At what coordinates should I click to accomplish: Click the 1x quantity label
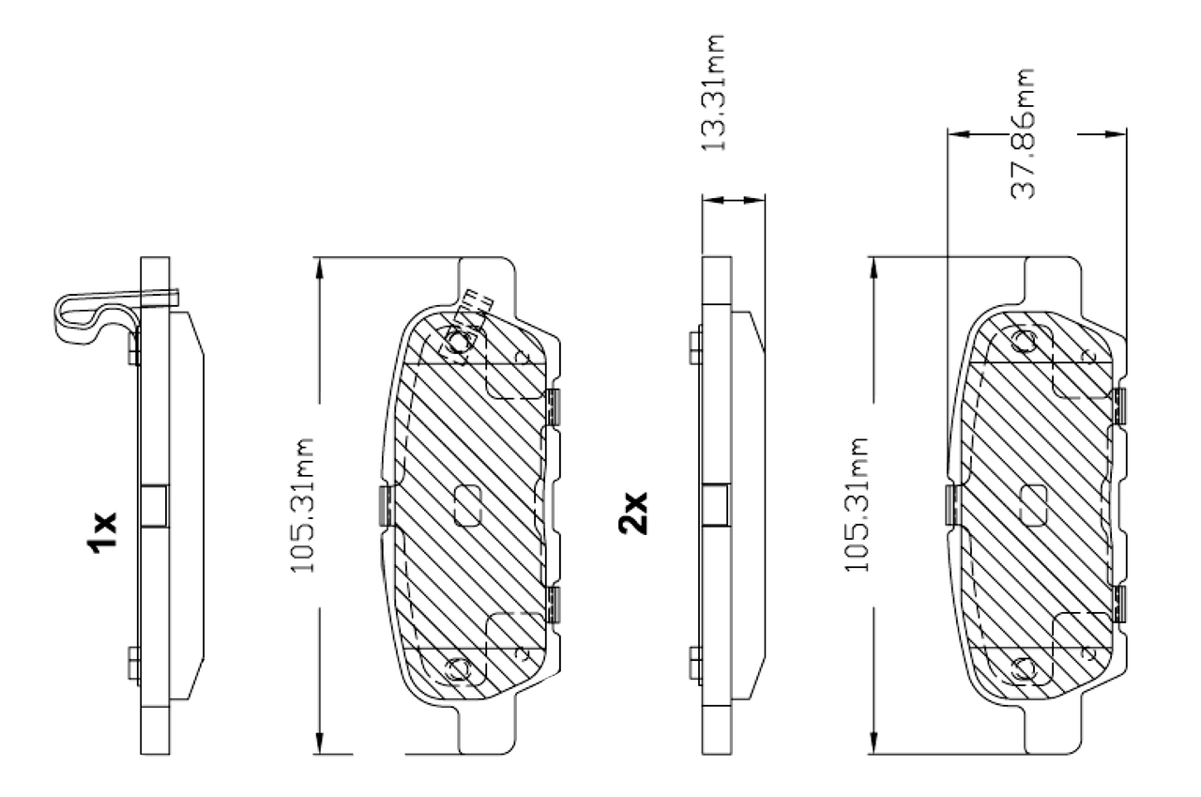(102, 532)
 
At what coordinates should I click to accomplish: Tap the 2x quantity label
(633, 513)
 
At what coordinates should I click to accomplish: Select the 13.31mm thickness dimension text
(715, 94)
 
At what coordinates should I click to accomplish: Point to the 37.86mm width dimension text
(1024, 132)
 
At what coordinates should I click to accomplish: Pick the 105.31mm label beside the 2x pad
(859, 505)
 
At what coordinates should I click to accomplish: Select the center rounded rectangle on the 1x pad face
(466, 505)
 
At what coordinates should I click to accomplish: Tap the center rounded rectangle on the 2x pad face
(1032, 505)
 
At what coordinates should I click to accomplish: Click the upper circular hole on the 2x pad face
(1023, 341)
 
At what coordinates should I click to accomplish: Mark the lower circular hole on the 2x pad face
(1023, 669)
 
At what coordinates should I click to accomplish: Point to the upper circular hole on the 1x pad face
(459, 343)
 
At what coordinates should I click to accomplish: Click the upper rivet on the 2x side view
(695, 346)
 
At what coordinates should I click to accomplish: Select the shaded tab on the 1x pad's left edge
(384, 505)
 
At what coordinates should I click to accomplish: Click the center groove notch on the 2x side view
(716, 505)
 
